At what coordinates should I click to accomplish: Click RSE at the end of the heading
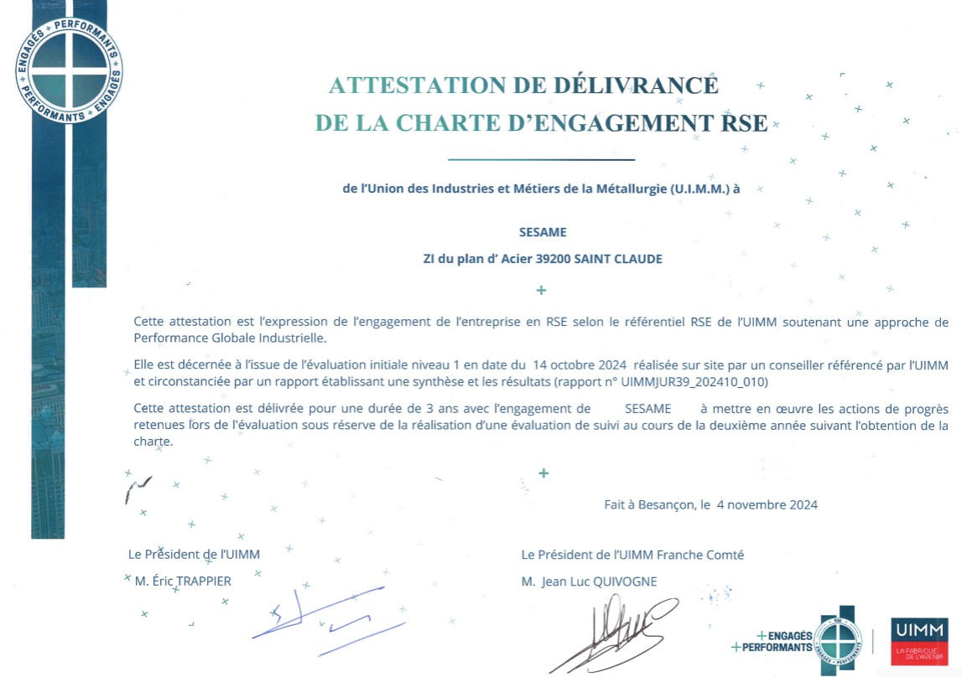[x=745, y=124]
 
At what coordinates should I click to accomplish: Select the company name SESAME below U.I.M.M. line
[x=543, y=232]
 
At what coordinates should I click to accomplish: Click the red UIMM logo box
[x=919, y=641]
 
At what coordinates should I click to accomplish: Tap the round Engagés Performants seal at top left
[x=69, y=68]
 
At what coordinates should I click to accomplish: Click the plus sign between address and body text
[x=541, y=290]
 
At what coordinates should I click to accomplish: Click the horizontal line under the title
[x=541, y=159]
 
